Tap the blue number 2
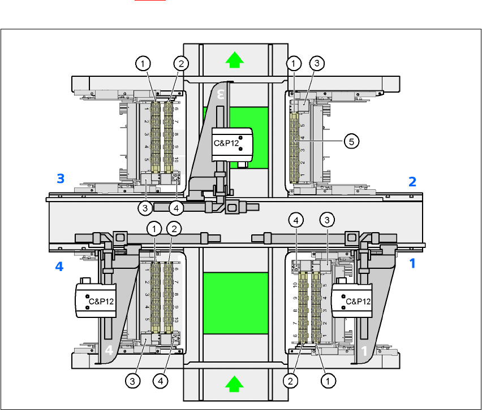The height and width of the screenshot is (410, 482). pos(412,182)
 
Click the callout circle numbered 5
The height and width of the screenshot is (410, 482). pos(351,142)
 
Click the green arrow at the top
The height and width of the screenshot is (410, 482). pos(231,58)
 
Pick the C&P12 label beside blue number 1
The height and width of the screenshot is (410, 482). pos(359,301)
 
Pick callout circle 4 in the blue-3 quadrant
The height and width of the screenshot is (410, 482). pos(177,208)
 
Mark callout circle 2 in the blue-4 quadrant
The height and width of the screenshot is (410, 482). pos(174,229)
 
